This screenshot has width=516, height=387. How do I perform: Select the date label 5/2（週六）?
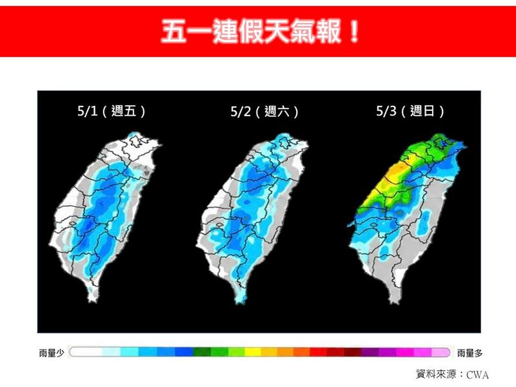tap(264, 112)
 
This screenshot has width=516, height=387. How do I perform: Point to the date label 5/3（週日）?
tap(410, 111)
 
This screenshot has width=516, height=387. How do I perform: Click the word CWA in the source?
tap(478, 374)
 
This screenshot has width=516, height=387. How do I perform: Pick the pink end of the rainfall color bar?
tap(441, 352)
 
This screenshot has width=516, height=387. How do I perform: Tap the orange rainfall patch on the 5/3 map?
tap(399, 169)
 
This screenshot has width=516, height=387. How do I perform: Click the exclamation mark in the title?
tap(352, 30)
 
